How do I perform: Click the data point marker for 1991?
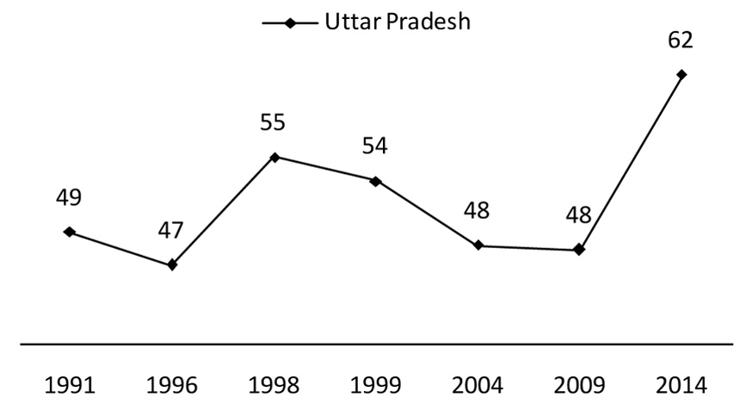[x=69, y=232]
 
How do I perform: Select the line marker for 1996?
[x=172, y=264]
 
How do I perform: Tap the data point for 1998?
[x=274, y=157]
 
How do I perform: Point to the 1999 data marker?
[x=375, y=181]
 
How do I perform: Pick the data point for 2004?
[x=478, y=246]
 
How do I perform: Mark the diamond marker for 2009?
[x=579, y=250]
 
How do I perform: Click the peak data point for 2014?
[x=681, y=74]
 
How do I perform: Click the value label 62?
[x=680, y=40]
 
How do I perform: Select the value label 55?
[x=273, y=122]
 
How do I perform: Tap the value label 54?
[x=374, y=146]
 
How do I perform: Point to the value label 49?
[x=69, y=197]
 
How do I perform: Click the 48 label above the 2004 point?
[x=477, y=212]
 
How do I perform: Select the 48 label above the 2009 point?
[x=579, y=214]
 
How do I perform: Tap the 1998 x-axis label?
[x=273, y=383]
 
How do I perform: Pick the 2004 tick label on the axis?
[x=477, y=383]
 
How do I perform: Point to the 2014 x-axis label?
[x=681, y=383]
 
